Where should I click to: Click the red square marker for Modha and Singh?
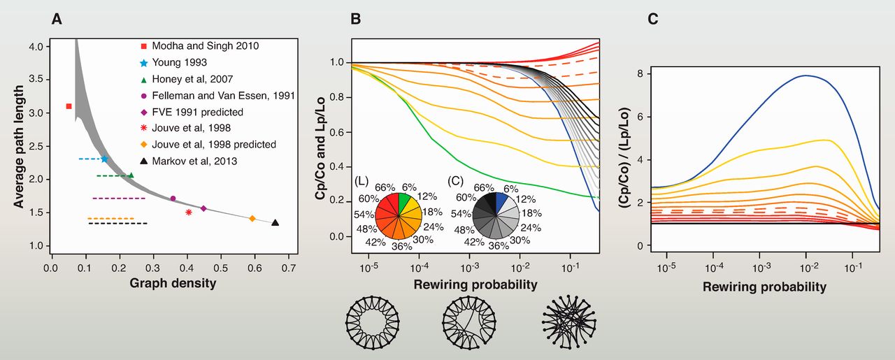point(69,106)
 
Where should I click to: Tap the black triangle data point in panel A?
point(275,222)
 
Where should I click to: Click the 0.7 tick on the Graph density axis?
point(289,268)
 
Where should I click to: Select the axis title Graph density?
point(173,284)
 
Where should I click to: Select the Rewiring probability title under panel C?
point(764,287)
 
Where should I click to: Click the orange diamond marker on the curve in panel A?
point(252,219)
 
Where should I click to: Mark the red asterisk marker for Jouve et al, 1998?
point(189,212)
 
